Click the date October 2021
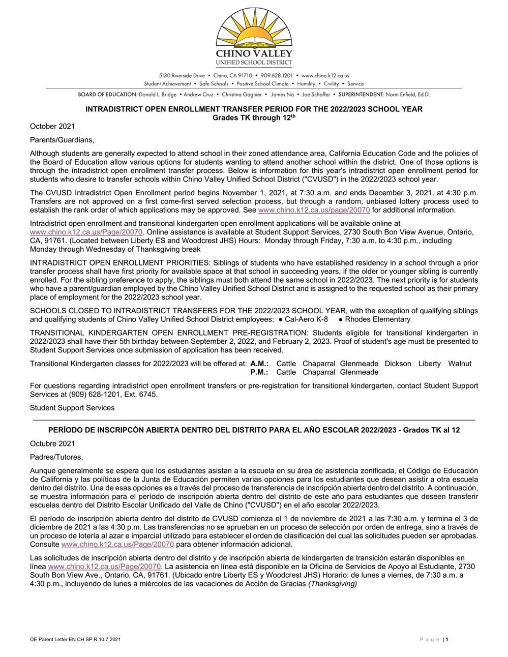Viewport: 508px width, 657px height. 52,126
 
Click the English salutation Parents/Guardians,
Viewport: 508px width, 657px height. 62,140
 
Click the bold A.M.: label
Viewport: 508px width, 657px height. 259,364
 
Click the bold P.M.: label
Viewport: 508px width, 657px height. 259,372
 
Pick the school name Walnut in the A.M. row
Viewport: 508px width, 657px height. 460,364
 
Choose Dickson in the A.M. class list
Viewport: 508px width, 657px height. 398,364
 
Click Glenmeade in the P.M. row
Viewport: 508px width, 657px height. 359,372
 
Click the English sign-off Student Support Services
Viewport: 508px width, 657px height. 72,408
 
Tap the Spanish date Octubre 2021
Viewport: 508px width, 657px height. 52,443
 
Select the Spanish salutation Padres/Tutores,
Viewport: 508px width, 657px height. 56,457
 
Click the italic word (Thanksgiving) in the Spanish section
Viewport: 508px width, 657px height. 333,584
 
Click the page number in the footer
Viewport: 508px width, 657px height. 446,640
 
